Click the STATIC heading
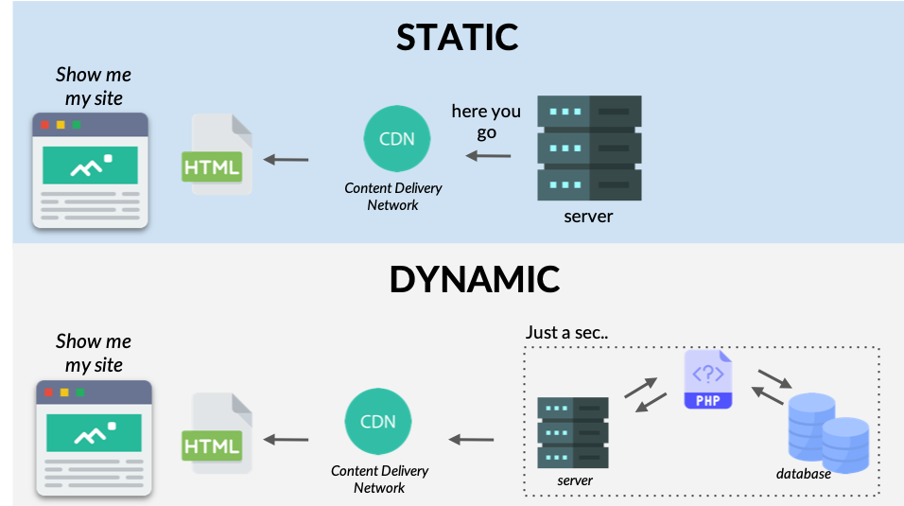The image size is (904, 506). coord(458,37)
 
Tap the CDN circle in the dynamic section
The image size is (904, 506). coord(378,421)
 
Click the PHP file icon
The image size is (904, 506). coord(708,380)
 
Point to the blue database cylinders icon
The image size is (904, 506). coord(827,433)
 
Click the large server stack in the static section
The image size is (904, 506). coord(588,147)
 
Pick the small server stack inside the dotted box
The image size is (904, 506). coord(573,431)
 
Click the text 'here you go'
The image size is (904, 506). coord(486,122)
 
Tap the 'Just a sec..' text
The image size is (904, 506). coord(567,333)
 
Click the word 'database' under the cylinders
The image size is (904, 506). coord(804,474)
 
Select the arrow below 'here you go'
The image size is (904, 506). coord(491,155)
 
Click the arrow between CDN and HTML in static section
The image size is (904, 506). coord(286,159)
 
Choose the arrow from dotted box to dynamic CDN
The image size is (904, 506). coord(471,439)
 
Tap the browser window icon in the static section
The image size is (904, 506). coord(91,171)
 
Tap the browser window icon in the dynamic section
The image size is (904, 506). coord(94,439)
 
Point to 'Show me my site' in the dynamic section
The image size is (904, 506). coord(94,353)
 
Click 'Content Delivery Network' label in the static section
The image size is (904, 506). coord(392,197)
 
